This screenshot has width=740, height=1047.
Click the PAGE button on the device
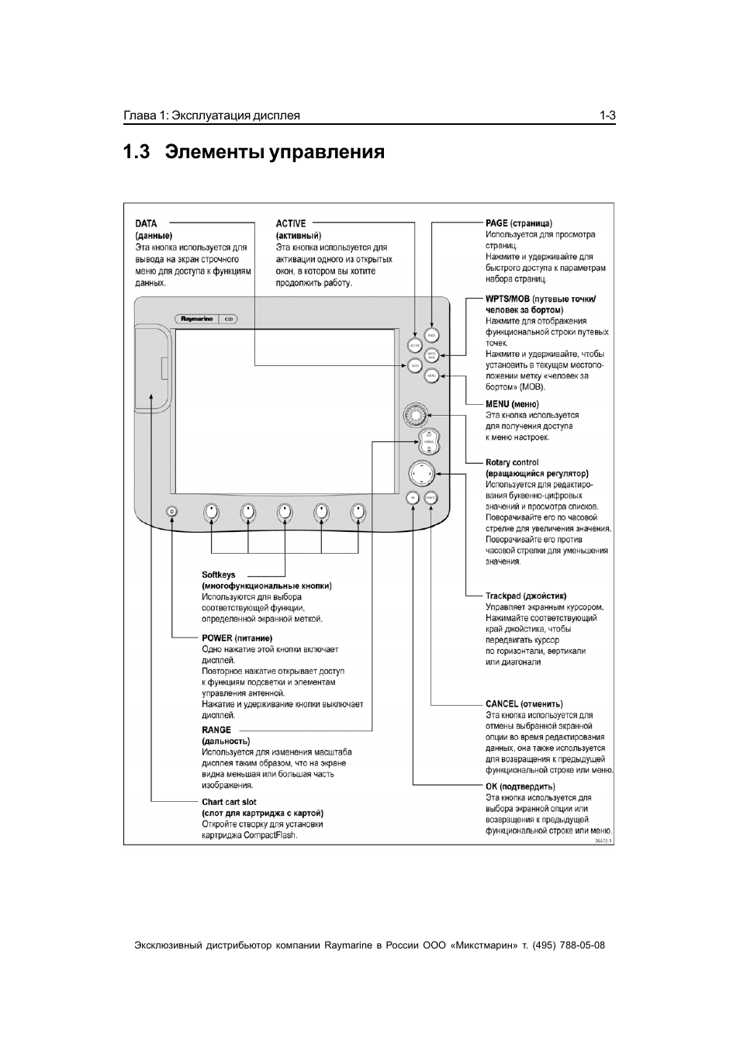pyautogui.click(x=432, y=335)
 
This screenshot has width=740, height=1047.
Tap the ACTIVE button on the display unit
pyautogui.click(x=414, y=345)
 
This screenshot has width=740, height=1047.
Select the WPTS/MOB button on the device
pyautogui.click(x=432, y=355)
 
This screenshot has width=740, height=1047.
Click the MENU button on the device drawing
pyautogui.click(x=432, y=375)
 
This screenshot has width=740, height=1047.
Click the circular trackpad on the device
pyautogui.click(x=421, y=472)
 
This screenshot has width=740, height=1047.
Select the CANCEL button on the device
pyautogui.click(x=431, y=497)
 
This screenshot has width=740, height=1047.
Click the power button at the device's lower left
pyautogui.click(x=171, y=511)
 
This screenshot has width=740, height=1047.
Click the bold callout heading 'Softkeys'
pyautogui.click(x=219, y=575)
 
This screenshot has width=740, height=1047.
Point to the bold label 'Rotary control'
pyautogui.click(x=512, y=462)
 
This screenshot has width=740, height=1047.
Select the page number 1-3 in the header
pyautogui.click(x=607, y=116)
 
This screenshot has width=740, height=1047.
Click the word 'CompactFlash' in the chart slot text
pyautogui.click(x=271, y=835)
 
